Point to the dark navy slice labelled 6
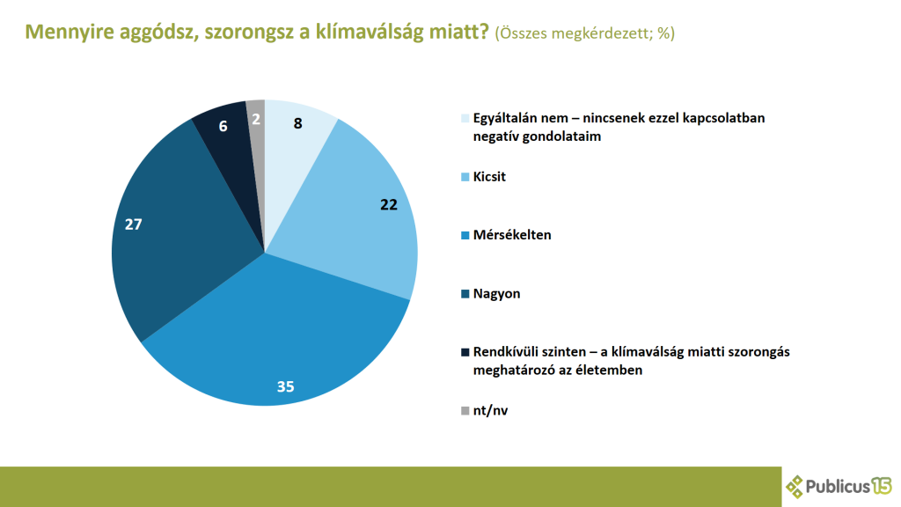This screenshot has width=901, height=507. click(225, 132)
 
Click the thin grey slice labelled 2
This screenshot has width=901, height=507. click(256, 123)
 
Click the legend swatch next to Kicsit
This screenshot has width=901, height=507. click(465, 177)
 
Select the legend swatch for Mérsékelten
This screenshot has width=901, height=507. click(465, 235)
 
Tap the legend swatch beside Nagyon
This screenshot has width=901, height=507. click(465, 294)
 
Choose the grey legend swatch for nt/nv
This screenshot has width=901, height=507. click(465, 410)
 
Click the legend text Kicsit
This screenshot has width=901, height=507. click(489, 177)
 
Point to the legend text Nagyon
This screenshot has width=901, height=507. click(496, 294)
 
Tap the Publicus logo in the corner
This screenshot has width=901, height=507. click(839, 485)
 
